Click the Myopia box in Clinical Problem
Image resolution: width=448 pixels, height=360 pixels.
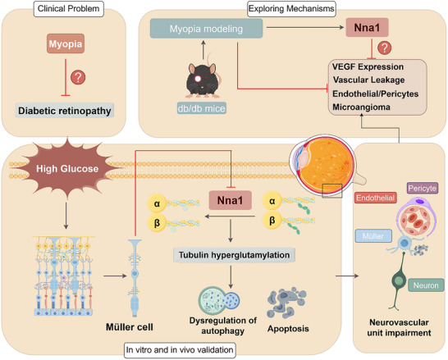click(66, 43)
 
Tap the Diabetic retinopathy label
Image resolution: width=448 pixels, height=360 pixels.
click(65, 111)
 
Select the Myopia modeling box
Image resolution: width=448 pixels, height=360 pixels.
click(206, 29)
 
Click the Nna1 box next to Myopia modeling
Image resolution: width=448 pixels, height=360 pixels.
click(367, 28)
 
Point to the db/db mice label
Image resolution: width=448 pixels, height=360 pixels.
click(201, 108)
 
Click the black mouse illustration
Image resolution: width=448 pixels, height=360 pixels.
click(203, 78)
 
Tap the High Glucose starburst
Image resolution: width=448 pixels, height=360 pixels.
click(67, 168)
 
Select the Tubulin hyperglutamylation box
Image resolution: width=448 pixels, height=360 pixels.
click(234, 255)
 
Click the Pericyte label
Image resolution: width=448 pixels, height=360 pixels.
click(422, 188)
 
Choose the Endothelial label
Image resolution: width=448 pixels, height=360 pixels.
click(376, 198)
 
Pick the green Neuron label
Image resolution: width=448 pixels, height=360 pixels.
click(426, 285)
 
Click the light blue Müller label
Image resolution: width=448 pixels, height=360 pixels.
click(373, 236)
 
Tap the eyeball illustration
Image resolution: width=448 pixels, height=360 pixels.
click(325, 165)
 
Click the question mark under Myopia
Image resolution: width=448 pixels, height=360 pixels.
click(78, 77)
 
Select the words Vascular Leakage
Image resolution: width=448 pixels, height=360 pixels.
click(368, 80)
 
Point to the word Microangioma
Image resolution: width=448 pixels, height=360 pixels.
click(361, 107)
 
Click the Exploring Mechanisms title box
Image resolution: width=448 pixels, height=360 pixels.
click(291, 9)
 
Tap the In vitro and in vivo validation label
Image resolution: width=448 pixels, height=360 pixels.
click(180, 350)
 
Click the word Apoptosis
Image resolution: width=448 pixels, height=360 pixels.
click(288, 329)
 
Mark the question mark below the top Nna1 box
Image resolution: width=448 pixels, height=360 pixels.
click(385, 48)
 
